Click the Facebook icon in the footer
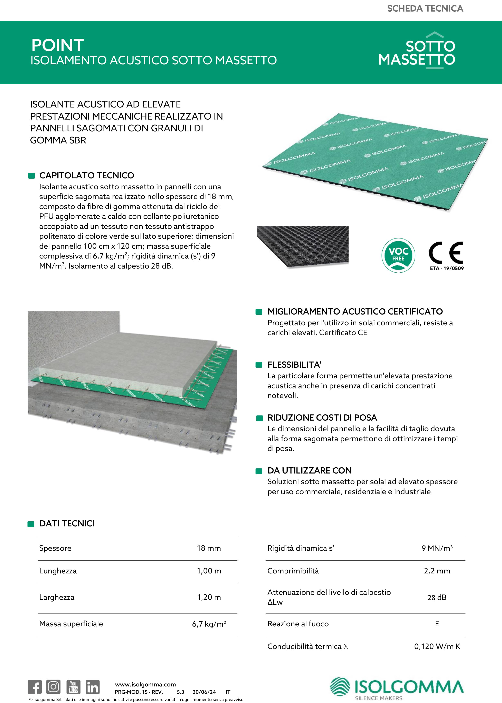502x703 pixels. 35,687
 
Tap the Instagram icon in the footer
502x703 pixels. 54,687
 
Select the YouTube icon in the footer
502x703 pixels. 74,687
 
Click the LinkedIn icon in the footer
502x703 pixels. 92,687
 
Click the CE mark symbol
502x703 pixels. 446,253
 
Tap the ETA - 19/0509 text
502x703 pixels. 447,268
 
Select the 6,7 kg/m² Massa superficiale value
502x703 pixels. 209,624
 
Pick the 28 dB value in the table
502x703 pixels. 437,598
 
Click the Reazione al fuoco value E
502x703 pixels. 437,624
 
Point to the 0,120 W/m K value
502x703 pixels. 437,646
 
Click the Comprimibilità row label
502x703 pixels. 293,571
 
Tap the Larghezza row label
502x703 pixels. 57,597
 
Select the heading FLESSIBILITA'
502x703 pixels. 294,365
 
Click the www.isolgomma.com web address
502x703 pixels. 145,684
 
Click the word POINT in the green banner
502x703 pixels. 57,45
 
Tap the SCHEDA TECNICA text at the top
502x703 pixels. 425,9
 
